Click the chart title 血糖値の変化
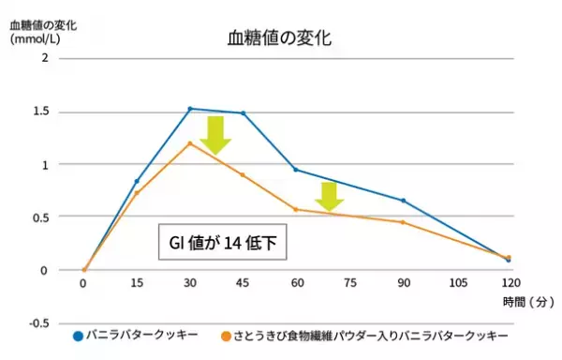click(x=279, y=39)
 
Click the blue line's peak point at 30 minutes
click(x=190, y=109)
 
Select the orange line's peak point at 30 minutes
click(x=190, y=143)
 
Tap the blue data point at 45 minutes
click(x=244, y=113)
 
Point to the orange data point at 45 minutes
click(x=244, y=175)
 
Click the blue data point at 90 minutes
click(x=403, y=201)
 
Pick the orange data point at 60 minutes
click(x=296, y=209)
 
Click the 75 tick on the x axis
click(x=349, y=282)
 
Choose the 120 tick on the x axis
click(x=509, y=282)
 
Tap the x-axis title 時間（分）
click(x=527, y=302)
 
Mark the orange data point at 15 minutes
click(x=137, y=193)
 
